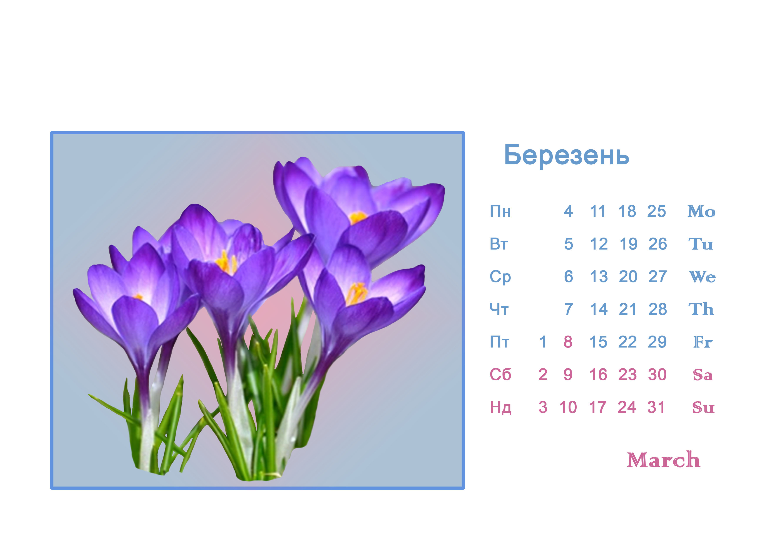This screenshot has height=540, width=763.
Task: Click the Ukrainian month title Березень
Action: (567, 155)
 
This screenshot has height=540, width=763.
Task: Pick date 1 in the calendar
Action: (543, 342)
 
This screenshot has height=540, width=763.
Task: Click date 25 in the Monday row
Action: (656, 211)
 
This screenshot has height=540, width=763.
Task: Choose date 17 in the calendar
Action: (598, 407)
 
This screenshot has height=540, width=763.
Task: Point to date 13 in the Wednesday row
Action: (599, 277)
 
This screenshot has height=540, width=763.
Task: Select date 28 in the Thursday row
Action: (657, 309)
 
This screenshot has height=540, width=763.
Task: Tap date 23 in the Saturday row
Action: (627, 375)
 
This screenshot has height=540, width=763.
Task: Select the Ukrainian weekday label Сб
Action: (500, 375)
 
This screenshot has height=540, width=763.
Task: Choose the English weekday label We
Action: (702, 277)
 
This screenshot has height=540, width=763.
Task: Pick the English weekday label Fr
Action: (703, 342)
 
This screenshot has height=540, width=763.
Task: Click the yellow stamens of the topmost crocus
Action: (358, 218)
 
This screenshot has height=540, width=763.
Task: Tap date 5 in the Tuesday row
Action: (569, 244)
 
